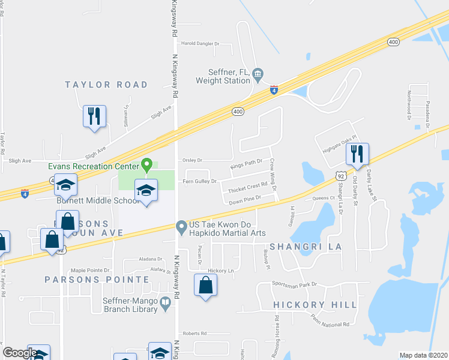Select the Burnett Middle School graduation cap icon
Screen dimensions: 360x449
(145, 191)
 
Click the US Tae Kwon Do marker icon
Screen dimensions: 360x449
(181, 227)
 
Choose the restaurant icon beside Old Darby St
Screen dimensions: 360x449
(357, 154)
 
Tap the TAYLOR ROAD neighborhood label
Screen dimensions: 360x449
(106, 85)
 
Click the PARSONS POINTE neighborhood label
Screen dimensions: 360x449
(97, 280)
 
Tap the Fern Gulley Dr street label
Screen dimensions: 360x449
(199, 181)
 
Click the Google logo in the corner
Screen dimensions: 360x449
(20, 353)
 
